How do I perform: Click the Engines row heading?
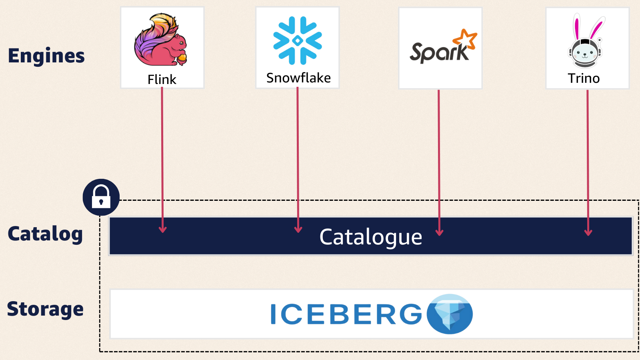pyautogui.click(x=46, y=56)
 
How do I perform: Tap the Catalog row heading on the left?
pyautogui.click(x=45, y=234)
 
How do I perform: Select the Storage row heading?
pyautogui.click(x=45, y=309)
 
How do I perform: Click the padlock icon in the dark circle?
pyautogui.click(x=101, y=197)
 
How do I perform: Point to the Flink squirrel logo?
pyautogui.click(x=160, y=40)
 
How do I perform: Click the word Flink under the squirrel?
pyautogui.click(x=162, y=80)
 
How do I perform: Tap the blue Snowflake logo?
pyautogui.click(x=298, y=40)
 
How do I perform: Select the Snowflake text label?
pyautogui.click(x=298, y=78)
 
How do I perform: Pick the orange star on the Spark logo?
pyautogui.click(x=465, y=39)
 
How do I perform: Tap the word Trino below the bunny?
pyautogui.click(x=584, y=78)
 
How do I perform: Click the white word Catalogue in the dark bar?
pyautogui.click(x=371, y=237)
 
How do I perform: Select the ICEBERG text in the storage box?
pyautogui.click(x=346, y=314)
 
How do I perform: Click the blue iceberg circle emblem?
pyautogui.click(x=450, y=314)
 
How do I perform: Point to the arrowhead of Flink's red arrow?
pyautogui.click(x=162, y=230)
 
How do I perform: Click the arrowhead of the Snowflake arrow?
pyautogui.click(x=298, y=230)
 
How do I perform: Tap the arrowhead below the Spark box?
pyautogui.click(x=439, y=232)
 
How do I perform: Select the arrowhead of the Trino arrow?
pyautogui.click(x=588, y=232)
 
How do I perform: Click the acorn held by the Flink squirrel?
pyautogui.click(x=182, y=58)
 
